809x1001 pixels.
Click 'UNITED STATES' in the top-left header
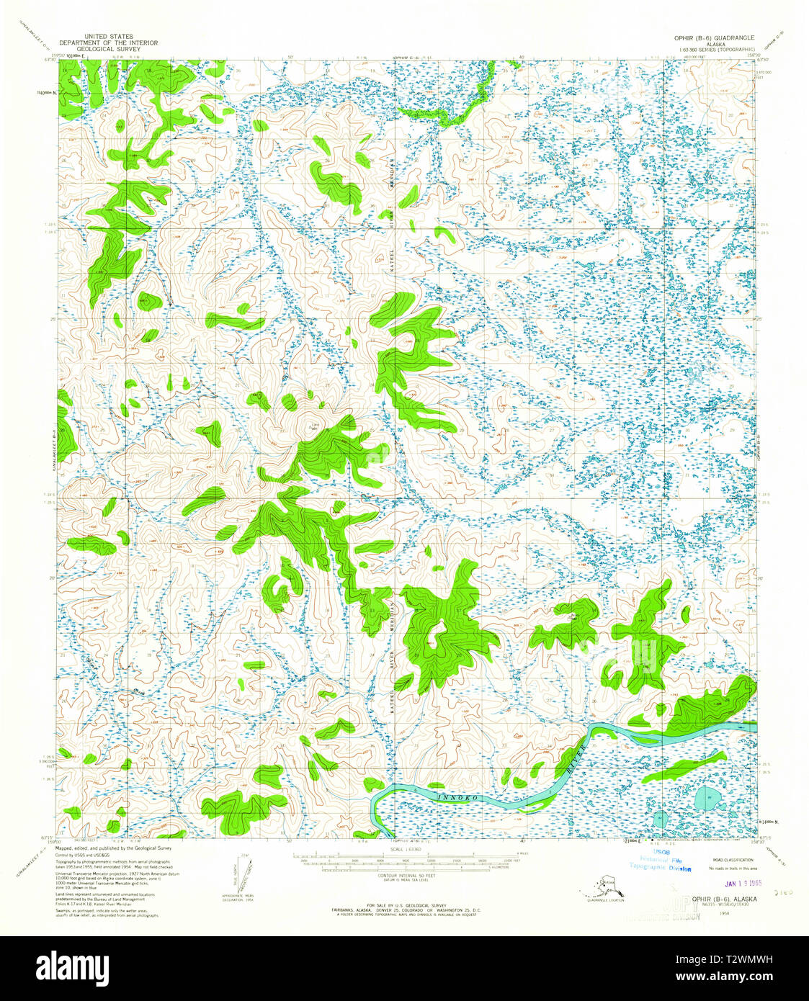coord(108,35)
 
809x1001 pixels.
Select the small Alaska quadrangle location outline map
coord(604,884)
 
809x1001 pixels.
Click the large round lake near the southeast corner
coord(705,799)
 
